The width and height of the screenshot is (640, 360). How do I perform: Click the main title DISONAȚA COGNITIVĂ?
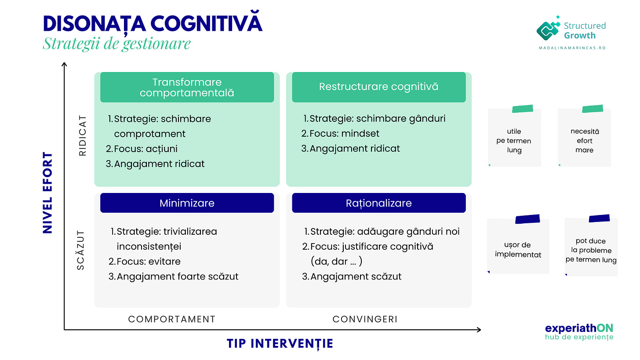[x=153, y=24]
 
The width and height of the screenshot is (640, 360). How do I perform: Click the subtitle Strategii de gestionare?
[x=116, y=44]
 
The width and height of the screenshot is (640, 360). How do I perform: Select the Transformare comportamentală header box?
[x=187, y=87]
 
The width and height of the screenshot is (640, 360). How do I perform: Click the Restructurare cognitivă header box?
[x=378, y=87]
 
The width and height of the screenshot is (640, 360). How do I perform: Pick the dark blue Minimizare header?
[x=187, y=203]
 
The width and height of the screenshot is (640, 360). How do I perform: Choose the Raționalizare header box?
[x=378, y=203]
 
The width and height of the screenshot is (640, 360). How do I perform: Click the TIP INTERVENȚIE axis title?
[x=280, y=343]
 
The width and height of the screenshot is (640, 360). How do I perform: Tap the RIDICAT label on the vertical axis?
[x=83, y=136]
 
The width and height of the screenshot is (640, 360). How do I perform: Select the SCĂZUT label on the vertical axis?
[x=81, y=249]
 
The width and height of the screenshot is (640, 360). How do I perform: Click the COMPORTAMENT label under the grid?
[x=172, y=319]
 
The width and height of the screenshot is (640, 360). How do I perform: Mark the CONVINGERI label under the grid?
[x=365, y=319]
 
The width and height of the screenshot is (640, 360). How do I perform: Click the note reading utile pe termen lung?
[x=514, y=140]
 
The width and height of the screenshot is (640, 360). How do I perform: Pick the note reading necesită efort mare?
[x=584, y=140]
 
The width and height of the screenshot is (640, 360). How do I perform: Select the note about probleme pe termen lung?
[x=591, y=250]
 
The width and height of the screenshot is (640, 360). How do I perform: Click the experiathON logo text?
[x=579, y=328]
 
